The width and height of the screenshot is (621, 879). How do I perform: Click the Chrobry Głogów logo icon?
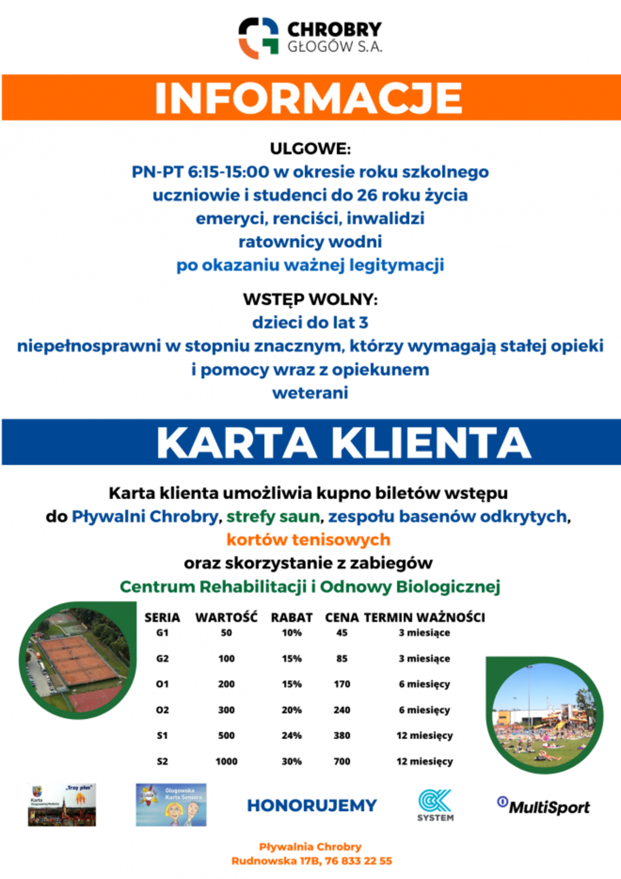tap(258, 38)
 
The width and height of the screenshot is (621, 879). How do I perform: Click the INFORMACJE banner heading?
tap(309, 98)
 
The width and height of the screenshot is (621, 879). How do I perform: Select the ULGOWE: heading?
tap(310, 149)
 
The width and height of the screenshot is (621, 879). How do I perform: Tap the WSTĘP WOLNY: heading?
tap(310, 299)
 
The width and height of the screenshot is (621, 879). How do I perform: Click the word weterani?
tap(310, 393)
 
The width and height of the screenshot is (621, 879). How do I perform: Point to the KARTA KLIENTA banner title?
tap(343, 443)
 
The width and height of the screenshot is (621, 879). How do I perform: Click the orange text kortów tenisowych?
tap(309, 540)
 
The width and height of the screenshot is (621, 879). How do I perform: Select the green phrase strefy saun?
tap(273, 516)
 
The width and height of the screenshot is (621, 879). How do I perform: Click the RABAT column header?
tap(292, 617)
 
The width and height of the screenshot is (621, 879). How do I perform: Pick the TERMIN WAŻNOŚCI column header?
tap(425, 617)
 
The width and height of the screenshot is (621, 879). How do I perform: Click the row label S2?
tap(163, 762)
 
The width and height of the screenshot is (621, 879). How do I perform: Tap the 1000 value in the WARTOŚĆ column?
tap(227, 762)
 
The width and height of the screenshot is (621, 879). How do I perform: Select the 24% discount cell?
tap(292, 736)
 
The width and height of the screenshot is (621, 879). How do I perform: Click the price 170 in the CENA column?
tap(342, 684)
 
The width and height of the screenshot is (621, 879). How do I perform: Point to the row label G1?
tap(163, 633)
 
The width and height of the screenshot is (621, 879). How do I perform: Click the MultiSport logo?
tap(543, 807)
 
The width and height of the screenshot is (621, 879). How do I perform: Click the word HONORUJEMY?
tap(312, 806)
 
